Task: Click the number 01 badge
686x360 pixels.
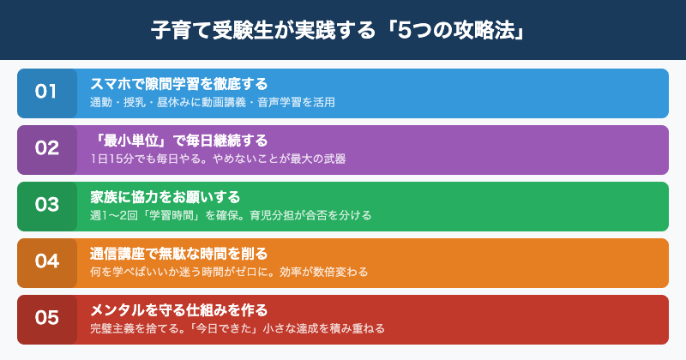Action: (x=46, y=93)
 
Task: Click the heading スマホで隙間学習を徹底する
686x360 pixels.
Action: (x=178, y=84)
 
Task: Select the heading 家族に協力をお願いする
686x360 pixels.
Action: (x=165, y=197)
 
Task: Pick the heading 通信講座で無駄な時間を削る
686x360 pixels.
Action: (x=178, y=254)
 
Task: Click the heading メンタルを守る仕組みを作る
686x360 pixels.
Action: (x=178, y=310)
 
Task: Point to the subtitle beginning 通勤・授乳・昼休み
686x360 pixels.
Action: (x=212, y=102)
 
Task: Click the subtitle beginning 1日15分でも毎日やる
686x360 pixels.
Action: (x=218, y=159)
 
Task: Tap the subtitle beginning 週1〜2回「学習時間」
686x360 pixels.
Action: (x=231, y=215)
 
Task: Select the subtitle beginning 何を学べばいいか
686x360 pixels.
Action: (x=229, y=272)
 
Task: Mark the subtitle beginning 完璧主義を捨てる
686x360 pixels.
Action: (x=238, y=328)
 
